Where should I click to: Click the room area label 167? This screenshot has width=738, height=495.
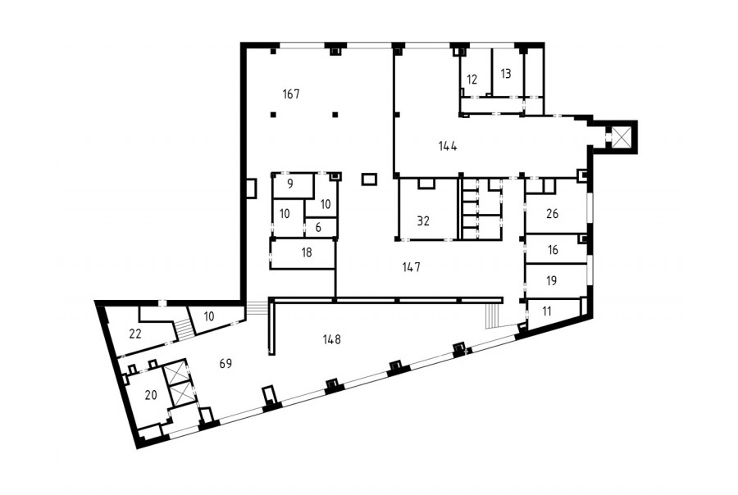pos(291,94)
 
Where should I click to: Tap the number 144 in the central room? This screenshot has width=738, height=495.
pos(448,147)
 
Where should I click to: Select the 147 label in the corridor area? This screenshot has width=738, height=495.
pos(412,267)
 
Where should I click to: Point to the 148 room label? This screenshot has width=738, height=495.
pos(332,338)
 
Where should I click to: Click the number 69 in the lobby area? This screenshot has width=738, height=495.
pos(226,363)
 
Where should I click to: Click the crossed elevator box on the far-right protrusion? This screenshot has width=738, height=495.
pos(621,137)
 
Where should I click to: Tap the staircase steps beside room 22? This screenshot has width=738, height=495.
pos(183,328)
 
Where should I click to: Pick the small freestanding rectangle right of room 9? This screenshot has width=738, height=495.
pos(369,179)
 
